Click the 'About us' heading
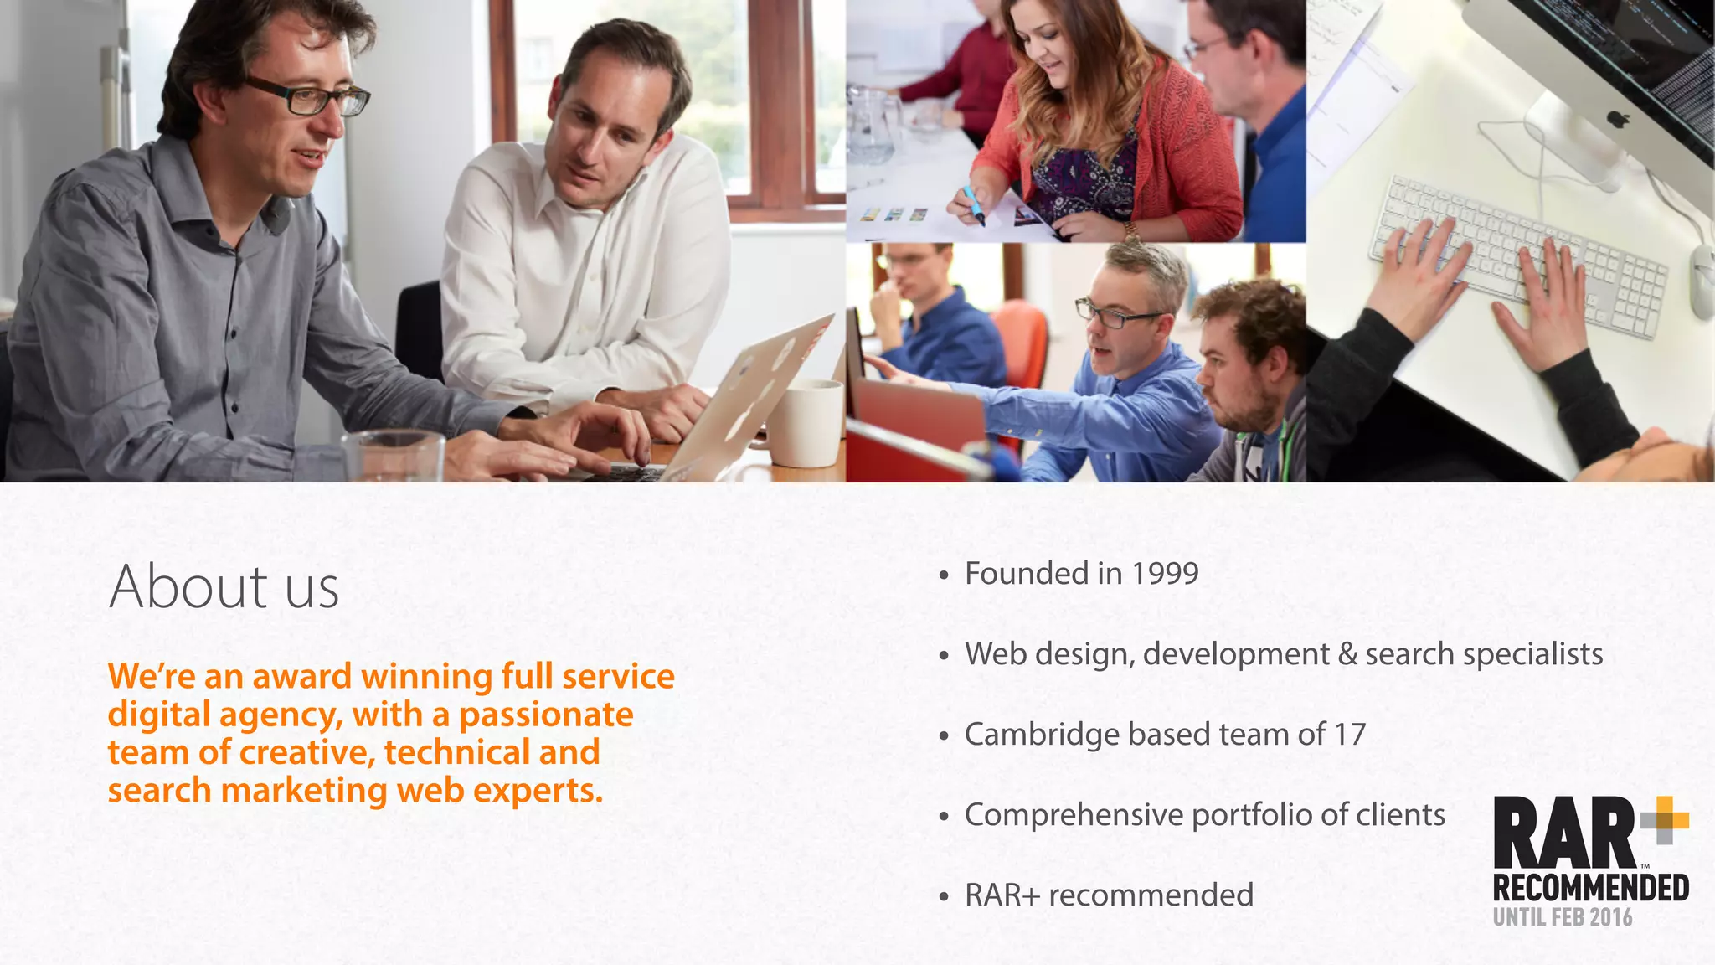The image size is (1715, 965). click(224, 586)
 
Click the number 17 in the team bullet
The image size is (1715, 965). click(1349, 735)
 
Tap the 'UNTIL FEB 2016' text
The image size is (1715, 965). click(1562, 917)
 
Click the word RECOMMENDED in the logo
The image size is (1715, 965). click(1590, 887)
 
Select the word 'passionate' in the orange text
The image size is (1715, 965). click(546, 715)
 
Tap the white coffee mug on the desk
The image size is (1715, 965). click(804, 422)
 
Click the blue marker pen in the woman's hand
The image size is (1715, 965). click(972, 205)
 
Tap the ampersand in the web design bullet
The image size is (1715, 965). click(1347, 654)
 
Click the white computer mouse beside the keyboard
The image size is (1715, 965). click(1702, 281)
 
